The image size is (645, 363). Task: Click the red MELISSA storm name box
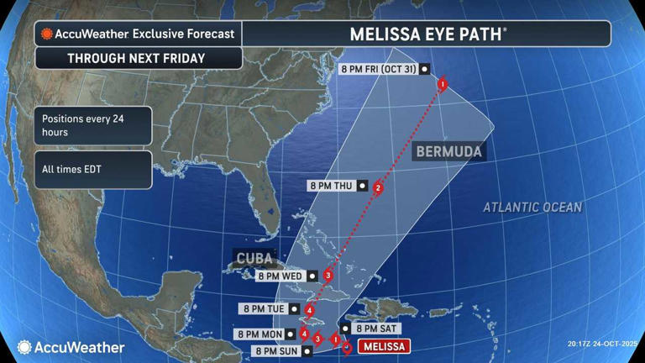(384, 346)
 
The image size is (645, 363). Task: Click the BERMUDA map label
(448, 152)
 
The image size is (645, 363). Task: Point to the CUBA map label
(254, 258)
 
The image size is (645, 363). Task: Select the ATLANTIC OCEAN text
(532, 207)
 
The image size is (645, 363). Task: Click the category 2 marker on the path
(378, 188)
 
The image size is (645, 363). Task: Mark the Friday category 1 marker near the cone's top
(443, 84)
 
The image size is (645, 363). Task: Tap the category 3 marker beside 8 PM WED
(328, 276)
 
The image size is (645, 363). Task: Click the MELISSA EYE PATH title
(427, 34)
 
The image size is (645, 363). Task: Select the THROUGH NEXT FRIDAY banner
(139, 59)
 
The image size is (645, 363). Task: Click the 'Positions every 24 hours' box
(93, 125)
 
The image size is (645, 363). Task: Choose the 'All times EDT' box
(93, 170)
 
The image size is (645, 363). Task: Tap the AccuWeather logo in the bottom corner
(71, 347)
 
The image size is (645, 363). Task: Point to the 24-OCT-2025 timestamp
(602, 344)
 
